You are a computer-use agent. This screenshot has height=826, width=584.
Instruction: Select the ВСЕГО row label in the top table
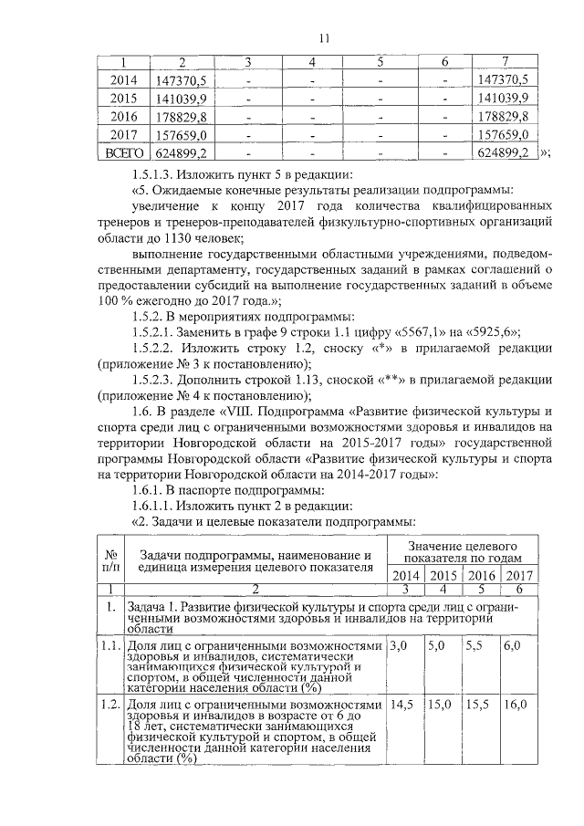click(123, 152)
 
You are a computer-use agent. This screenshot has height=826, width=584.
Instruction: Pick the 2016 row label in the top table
click(123, 116)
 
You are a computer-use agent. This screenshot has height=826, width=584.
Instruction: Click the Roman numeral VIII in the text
click(249, 426)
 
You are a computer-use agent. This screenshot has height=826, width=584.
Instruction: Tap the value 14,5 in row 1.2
click(401, 705)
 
